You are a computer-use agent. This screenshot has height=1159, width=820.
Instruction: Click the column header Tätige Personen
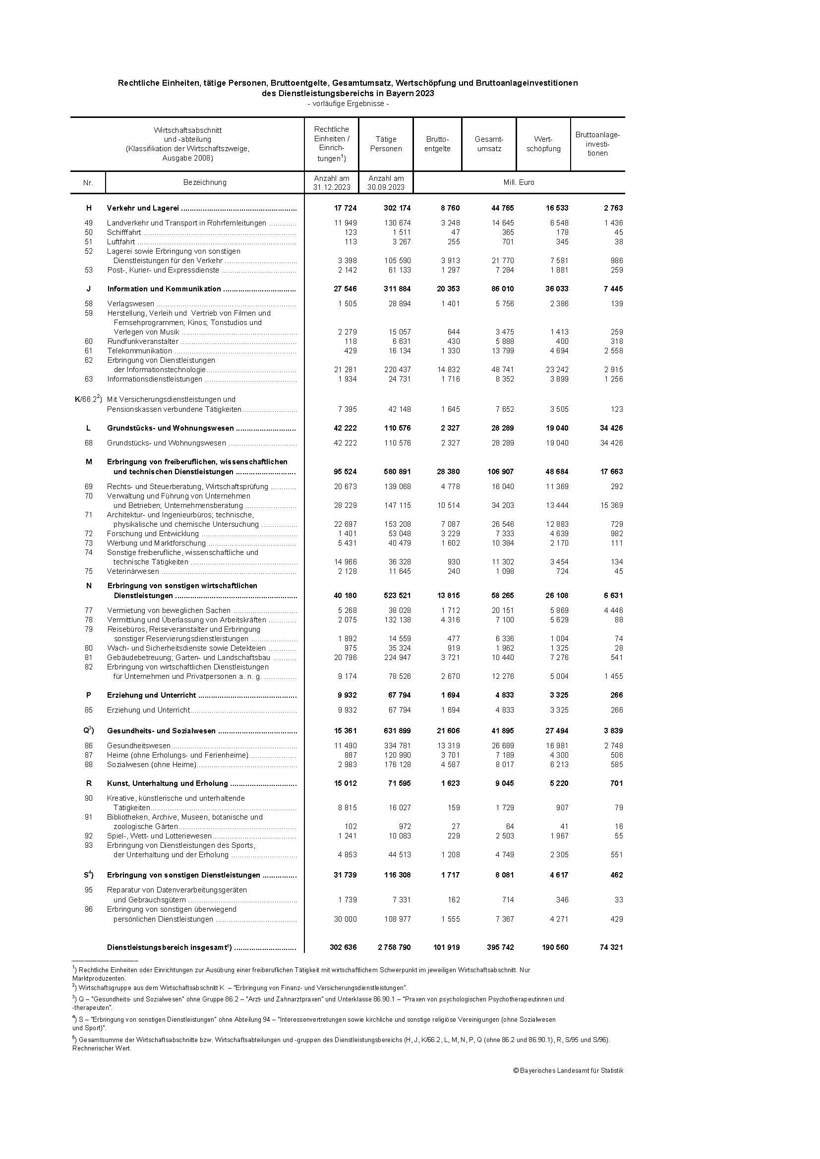(x=386, y=144)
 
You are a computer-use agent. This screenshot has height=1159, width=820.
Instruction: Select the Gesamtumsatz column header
(x=489, y=144)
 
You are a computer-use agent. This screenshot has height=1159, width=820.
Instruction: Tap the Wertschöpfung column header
(x=543, y=144)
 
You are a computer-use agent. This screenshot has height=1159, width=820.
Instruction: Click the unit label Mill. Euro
(x=519, y=182)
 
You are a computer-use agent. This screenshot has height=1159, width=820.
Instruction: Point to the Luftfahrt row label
(x=120, y=242)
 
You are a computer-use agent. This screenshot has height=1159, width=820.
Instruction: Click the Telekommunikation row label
(x=139, y=351)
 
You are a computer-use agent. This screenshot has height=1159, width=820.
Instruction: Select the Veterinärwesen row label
(x=133, y=571)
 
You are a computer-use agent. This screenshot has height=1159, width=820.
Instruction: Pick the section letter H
(x=89, y=208)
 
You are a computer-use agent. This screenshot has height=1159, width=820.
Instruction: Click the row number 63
(x=89, y=379)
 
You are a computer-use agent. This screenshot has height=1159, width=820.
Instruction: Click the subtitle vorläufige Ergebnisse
(x=348, y=104)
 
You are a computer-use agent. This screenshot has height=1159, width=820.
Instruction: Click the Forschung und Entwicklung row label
(x=153, y=534)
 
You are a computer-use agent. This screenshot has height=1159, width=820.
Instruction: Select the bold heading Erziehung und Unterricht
(x=151, y=695)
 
